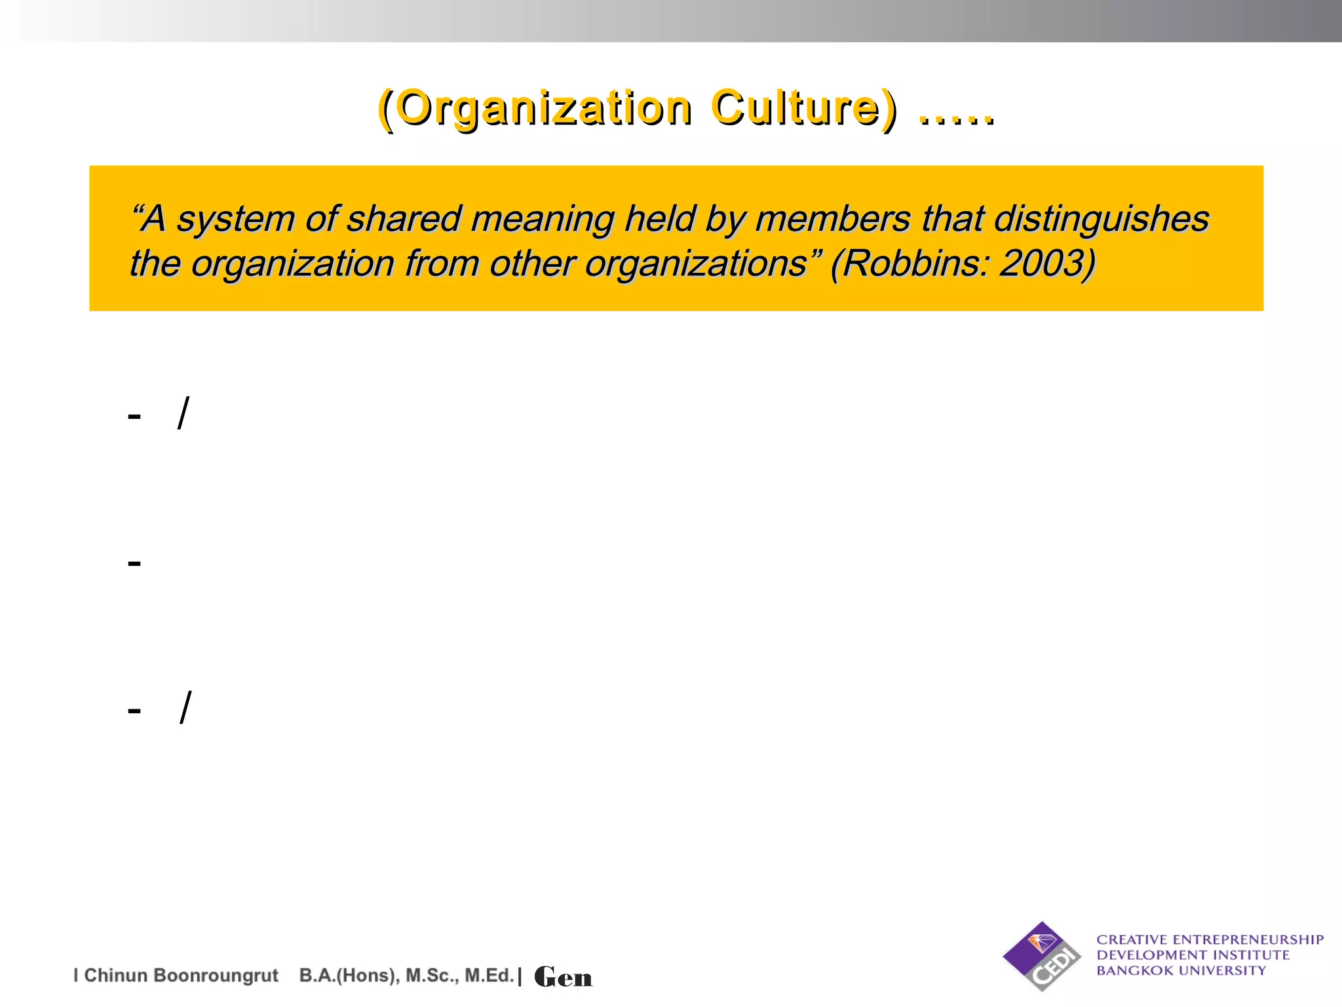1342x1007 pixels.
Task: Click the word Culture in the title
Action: (796, 108)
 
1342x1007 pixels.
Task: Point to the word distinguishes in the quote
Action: (1102, 219)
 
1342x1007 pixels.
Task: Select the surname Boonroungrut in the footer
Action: (216, 976)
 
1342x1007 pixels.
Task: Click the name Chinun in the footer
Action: (115, 976)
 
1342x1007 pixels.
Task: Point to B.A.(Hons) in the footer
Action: (348, 976)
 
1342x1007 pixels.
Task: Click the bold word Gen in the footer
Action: (563, 977)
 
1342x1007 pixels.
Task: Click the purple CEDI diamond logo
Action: (1042, 956)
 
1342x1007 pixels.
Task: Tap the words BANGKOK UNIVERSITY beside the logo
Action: (1181, 971)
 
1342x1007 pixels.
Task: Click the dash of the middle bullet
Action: (134, 563)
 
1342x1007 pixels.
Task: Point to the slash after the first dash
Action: (183, 413)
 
